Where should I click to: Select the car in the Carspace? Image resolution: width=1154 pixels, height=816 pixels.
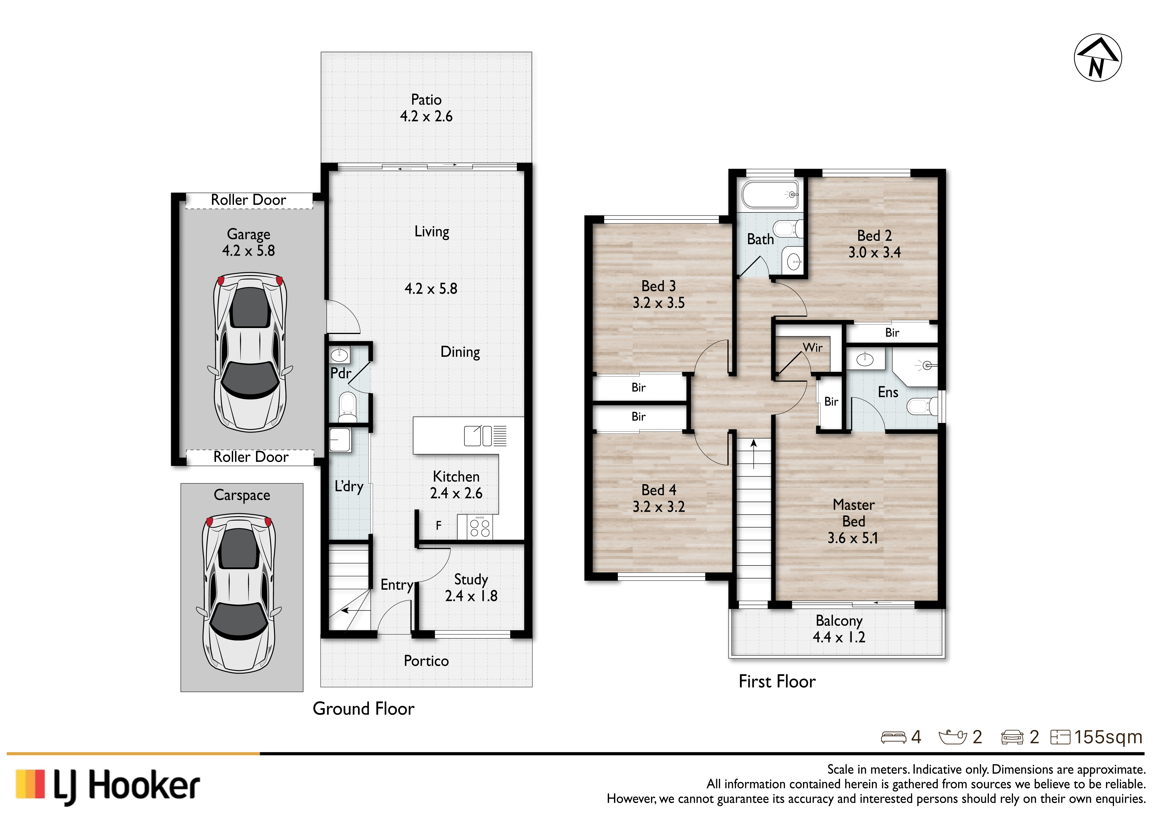point(239,593)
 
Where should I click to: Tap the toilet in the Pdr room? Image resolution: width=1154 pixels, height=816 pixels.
point(347,406)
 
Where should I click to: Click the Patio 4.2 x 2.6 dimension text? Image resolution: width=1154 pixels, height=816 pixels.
point(426,116)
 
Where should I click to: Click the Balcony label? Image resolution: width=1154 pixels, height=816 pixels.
point(839,621)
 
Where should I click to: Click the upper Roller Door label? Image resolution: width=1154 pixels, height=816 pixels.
point(248,200)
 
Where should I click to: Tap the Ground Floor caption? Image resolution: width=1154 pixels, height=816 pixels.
point(363,709)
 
